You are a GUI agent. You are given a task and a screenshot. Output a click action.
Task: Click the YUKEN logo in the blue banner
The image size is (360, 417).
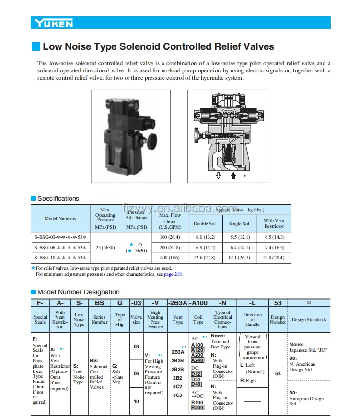click(53, 23)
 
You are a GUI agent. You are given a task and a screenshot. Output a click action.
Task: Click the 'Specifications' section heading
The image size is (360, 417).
click(58, 198)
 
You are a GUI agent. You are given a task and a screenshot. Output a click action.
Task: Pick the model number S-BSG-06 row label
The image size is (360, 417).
click(60, 247)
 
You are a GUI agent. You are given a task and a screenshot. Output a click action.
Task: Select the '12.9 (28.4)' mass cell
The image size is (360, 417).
click(274, 257)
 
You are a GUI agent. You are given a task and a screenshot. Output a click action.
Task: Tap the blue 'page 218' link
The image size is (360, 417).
click(173, 274)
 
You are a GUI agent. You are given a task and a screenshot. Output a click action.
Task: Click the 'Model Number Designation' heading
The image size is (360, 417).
click(78, 292)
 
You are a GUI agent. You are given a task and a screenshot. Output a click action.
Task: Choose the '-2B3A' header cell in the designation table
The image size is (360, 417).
click(177, 303)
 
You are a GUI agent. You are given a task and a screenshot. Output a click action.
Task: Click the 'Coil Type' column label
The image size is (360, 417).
click(198, 319)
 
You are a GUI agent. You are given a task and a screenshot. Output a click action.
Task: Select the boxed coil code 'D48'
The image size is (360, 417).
click(196, 384)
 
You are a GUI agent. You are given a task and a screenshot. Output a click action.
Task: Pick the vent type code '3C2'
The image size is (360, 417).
click(177, 386)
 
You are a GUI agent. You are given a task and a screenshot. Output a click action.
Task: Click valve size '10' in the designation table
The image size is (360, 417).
click(137, 401)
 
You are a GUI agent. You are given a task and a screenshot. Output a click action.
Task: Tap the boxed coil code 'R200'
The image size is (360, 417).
click(197, 407)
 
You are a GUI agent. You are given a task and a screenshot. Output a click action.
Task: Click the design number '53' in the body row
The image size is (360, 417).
click(278, 373)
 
